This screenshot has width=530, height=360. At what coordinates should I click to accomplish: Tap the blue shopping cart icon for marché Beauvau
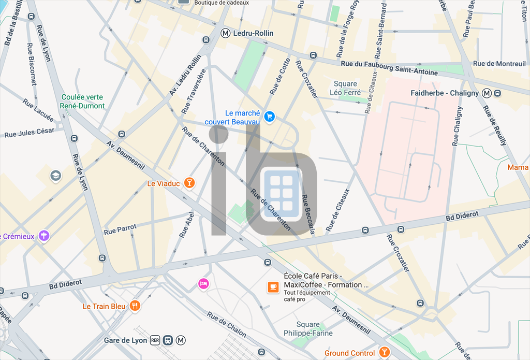point(269,117)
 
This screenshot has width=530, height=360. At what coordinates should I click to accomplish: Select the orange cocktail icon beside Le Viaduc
point(190,183)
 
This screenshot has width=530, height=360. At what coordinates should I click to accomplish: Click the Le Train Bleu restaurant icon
point(135,306)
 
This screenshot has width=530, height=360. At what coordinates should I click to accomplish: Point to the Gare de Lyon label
point(125,340)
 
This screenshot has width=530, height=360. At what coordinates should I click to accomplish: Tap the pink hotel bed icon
point(203,284)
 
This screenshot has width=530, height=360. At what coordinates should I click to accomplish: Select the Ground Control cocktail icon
point(384,353)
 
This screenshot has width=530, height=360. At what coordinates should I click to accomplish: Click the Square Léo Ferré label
point(345,88)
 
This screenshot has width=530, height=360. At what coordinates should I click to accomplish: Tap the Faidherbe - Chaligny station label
point(444,93)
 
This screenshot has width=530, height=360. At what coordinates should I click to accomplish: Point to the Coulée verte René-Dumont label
point(83,102)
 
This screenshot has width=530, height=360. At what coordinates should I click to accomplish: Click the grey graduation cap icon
point(55,176)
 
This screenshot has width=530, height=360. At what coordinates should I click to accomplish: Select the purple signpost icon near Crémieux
point(45,236)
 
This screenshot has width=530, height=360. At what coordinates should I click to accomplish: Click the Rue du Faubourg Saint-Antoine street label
point(389,68)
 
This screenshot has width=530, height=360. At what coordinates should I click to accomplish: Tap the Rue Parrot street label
point(121,229)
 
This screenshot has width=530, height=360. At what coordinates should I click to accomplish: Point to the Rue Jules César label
point(30,133)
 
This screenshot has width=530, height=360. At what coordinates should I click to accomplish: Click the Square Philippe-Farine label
point(308,329)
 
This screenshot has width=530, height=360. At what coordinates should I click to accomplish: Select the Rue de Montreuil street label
point(499,64)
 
